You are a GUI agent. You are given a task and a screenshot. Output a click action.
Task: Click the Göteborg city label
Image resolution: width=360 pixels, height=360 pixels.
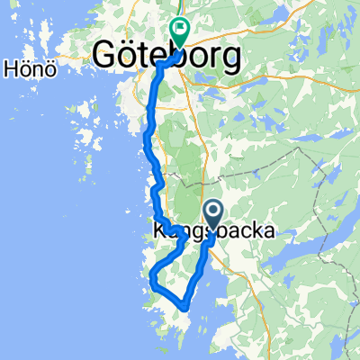pyautogui.click(x=167, y=58)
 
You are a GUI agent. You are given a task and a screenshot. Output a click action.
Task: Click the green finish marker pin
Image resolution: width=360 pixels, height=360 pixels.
pyautogui.click(x=179, y=32)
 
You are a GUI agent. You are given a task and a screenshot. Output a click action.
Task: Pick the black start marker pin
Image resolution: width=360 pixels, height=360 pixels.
pyautogui.click(x=214, y=213)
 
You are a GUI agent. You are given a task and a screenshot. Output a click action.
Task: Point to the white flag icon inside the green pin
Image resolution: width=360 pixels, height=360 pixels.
pyautogui.click(x=179, y=29)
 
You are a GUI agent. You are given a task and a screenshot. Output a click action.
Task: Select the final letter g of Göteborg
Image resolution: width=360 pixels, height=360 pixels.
pyautogui.click(x=233, y=59)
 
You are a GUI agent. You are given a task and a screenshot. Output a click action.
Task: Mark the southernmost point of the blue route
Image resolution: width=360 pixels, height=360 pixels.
pyautogui.click(x=184, y=307)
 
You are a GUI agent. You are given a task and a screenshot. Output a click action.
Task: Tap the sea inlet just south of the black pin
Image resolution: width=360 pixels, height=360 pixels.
pyautogui.click(x=209, y=270)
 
